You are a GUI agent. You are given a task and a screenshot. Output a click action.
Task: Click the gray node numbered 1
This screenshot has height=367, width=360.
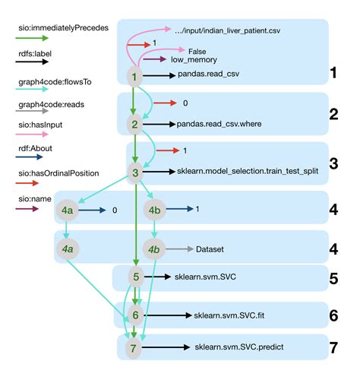(134, 76)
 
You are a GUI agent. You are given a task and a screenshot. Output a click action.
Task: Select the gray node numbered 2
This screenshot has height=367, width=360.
(134, 123)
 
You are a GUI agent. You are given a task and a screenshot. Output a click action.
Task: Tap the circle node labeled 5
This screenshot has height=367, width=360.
(134, 277)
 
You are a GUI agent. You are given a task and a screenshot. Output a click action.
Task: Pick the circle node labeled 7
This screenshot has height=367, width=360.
(134, 349)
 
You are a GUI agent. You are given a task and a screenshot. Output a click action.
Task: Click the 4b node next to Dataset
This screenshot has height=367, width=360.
(155, 248)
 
